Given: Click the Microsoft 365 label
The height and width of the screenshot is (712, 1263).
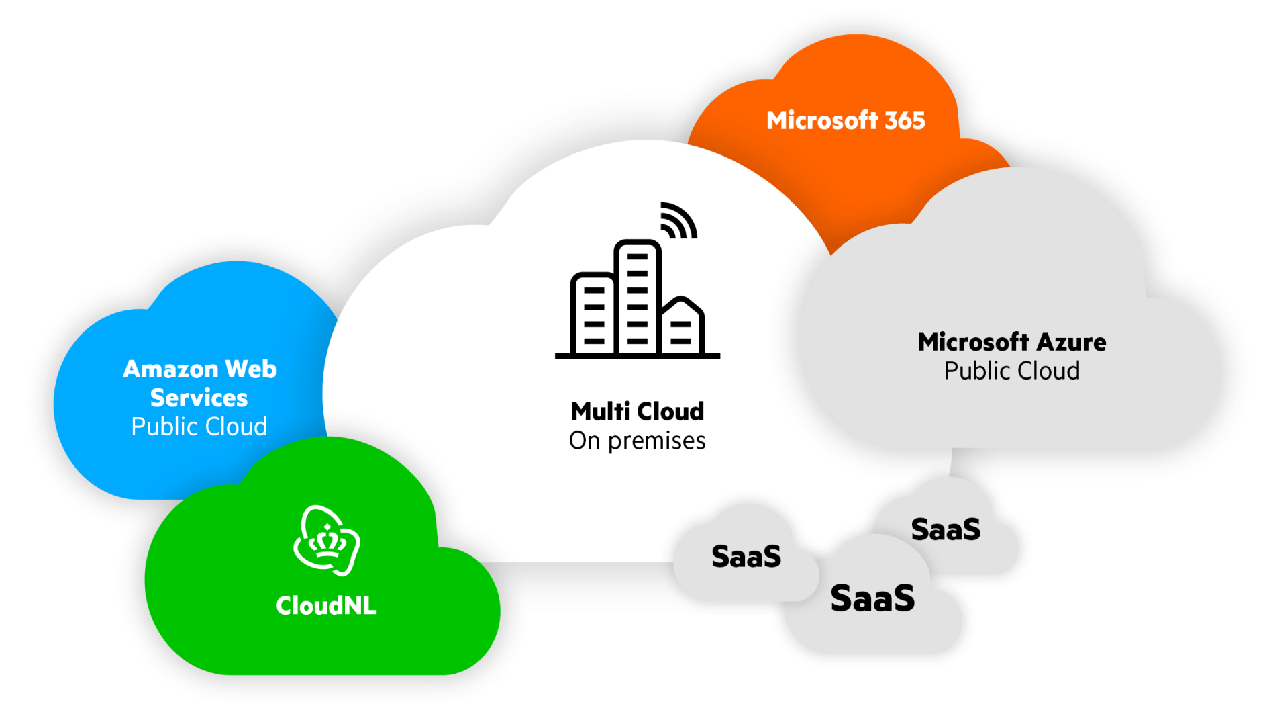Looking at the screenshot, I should click(846, 120).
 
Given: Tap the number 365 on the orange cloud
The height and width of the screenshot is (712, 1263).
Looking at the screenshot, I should click(905, 120).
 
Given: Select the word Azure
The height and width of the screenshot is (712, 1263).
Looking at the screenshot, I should click(1072, 342).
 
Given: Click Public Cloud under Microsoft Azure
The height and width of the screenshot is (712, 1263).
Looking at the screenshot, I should click(1011, 371).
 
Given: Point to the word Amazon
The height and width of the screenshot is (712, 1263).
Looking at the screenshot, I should click(170, 369).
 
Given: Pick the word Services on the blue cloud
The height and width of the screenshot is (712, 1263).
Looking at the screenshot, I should click(199, 398).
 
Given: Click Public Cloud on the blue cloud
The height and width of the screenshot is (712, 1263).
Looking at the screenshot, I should click(199, 427).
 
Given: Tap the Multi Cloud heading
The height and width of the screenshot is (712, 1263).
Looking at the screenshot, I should click(637, 411).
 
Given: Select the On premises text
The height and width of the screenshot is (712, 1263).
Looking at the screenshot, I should click(637, 441).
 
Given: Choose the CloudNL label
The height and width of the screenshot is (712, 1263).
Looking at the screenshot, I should click(326, 605).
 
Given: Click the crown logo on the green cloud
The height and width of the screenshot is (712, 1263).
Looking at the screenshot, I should click(327, 541).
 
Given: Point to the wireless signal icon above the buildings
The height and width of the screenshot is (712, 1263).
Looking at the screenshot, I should click(678, 221).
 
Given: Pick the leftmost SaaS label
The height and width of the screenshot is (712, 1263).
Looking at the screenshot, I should click(746, 556).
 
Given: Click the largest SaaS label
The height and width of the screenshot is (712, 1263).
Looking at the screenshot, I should click(872, 598).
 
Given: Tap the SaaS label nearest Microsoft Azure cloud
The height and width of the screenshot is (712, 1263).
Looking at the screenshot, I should click(946, 529).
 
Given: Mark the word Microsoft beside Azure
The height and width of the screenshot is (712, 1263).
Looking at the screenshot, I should click(973, 342).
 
